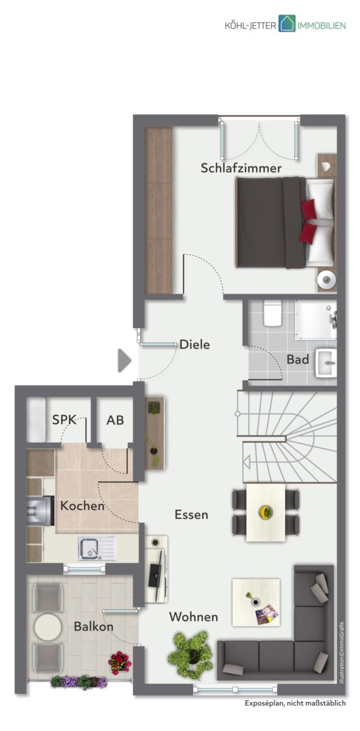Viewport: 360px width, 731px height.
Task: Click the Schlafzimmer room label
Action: point(241,168)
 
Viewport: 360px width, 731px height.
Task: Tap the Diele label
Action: point(194,345)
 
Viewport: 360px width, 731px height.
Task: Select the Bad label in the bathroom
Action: point(298,359)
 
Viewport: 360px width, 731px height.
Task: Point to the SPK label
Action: point(65,420)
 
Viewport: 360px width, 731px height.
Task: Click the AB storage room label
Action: point(115,420)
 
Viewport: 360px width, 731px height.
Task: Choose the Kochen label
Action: point(82,506)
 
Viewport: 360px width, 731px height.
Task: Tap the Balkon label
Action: point(93,626)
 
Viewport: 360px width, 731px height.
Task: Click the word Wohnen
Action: point(194,616)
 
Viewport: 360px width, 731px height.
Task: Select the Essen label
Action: point(191,515)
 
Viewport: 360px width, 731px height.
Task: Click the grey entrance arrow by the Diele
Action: point(124,361)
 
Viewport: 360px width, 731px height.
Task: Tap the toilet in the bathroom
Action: point(272,313)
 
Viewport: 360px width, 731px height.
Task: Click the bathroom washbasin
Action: point(326,363)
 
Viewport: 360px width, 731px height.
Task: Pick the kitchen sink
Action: point(97,549)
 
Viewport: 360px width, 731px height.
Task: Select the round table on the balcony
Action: point(48,627)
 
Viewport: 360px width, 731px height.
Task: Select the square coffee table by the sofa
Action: point(256,602)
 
